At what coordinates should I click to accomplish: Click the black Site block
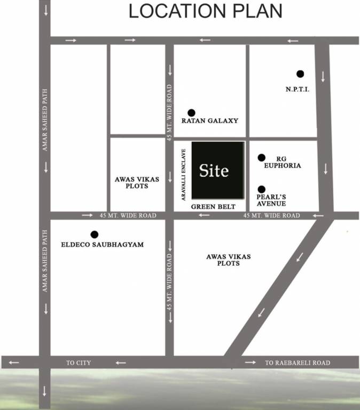(218, 170)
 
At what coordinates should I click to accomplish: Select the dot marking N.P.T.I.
(300, 74)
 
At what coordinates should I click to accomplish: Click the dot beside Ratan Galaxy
(191, 113)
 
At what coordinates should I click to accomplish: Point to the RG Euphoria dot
(261, 157)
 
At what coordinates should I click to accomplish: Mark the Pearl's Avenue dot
(261, 189)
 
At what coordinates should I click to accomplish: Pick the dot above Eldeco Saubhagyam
(95, 234)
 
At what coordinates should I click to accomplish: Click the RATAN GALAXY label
(210, 121)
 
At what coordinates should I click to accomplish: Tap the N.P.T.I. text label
(298, 89)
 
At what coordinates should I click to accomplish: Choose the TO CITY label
(79, 363)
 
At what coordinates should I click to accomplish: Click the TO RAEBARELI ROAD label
(298, 363)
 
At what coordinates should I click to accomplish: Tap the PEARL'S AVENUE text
(271, 200)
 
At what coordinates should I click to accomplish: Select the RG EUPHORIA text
(282, 162)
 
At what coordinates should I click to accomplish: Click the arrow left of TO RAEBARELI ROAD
(250, 362)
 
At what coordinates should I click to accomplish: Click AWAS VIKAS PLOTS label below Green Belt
(228, 260)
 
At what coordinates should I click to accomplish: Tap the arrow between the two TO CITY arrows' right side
(121, 363)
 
